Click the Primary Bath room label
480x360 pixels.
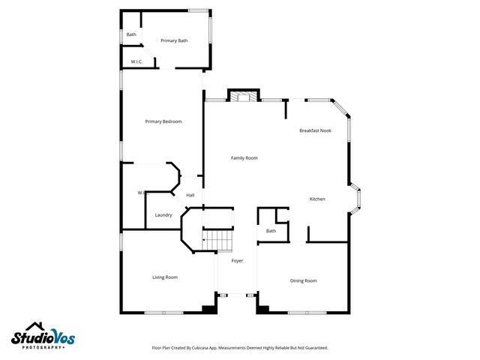coord(174,40)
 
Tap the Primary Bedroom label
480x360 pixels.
coord(163,121)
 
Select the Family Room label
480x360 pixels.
coord(244,158)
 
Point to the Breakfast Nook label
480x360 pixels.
coord(315,131)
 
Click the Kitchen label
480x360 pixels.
coord(317,199)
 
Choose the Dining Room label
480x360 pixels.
coord(304,280)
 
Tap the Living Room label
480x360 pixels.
coord(165,277)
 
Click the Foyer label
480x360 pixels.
coord(237,260)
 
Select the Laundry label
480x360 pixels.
coord(163,215)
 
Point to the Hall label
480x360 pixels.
coord(190,196)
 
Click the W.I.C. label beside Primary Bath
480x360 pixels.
coord(136,61)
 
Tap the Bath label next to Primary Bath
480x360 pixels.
coord(131,34)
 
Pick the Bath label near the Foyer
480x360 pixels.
coord(271,231)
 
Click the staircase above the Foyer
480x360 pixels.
coord(219,241)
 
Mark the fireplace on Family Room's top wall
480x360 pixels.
coord(240,97)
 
